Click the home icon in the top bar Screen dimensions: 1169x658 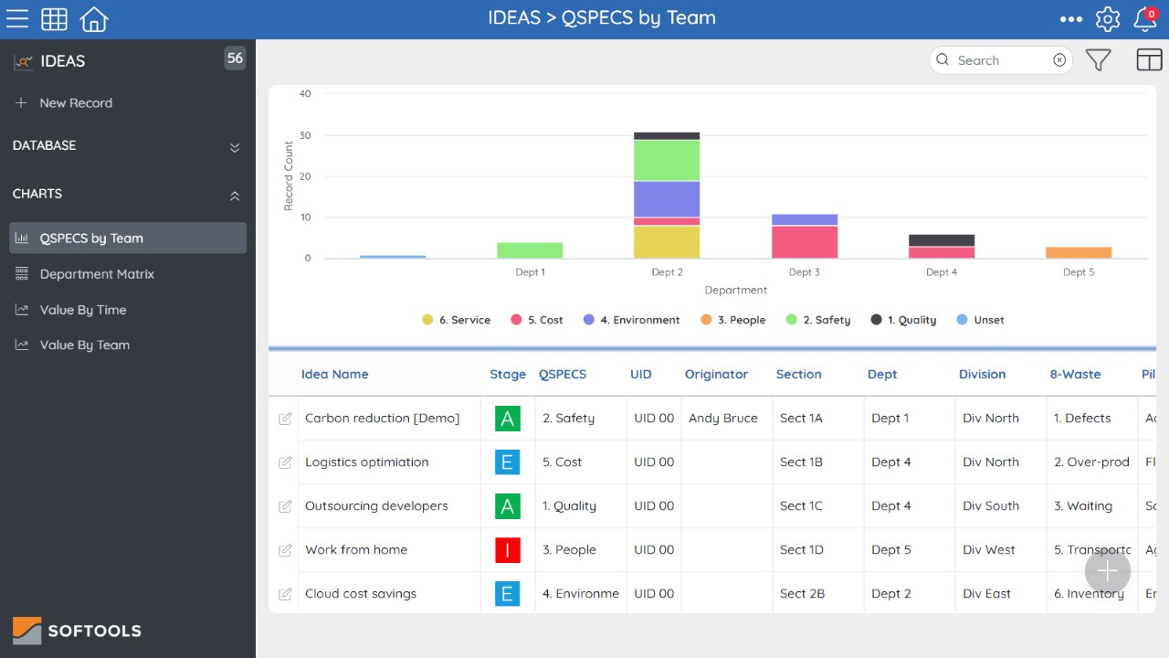pos(94,19)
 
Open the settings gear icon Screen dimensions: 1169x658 pos(1108,19)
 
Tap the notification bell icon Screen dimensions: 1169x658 pos(1145,19)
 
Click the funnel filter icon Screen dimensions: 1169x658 pos(1098,60)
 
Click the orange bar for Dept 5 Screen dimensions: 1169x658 pos(1079,252)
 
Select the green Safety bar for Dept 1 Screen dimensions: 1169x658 pos(530,250)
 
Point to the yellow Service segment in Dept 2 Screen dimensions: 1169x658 pos(667,242)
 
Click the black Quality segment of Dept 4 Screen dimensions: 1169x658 pos(942,240)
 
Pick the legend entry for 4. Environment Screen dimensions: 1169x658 pos(631,320)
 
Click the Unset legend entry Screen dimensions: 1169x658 pos(980,320)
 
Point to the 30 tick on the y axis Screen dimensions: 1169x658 pos(305,135)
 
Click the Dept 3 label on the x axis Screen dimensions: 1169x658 pos(805,272)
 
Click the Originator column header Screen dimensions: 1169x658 pos(716,374)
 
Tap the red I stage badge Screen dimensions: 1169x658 pos(507,550)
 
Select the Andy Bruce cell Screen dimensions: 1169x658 pos(722,419)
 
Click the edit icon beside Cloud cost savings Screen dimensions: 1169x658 pos(285,594)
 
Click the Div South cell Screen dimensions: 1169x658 pos(991,506)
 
